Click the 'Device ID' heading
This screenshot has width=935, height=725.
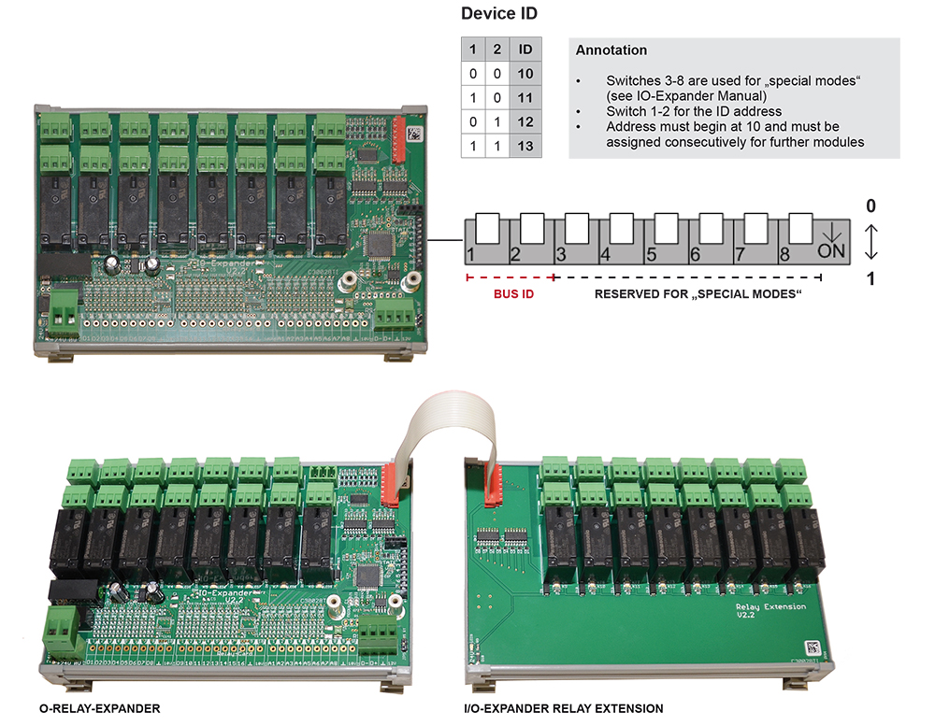click(499, 14)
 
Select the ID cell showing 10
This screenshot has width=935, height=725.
click(525, 73)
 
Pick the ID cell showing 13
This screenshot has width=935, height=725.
click(525, 146)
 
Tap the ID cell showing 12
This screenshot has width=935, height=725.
click(525, 121)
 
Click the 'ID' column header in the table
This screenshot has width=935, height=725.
click(525, 49)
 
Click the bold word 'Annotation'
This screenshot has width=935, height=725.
click(611, 50)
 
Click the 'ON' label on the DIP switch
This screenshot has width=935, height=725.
click(830, 251)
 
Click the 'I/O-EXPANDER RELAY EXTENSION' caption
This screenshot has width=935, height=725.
click(563, 708)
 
